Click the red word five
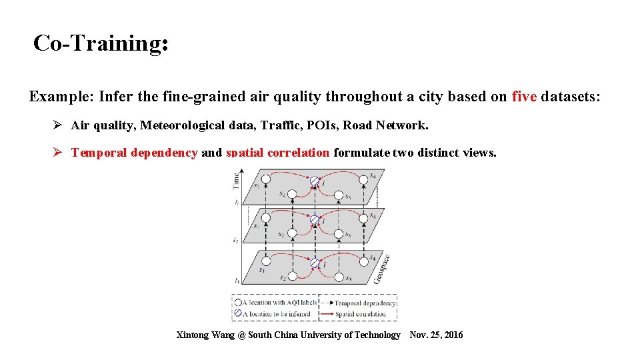pyautogui.click(x=524, y=97)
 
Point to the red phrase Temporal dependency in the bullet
pyautogui.click(x=134, y=153)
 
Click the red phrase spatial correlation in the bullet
pyautogui.click(x=277, y=153)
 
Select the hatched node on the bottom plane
pyautogui.click(x=314, y=262)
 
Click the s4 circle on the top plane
pyautogui.click(x=364, y=179)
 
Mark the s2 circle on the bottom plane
pyautogui.click(x=292, y=277)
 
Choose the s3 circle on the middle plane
pyautogui.click(x=339, y=235)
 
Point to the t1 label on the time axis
pyautogui.click(x=235, y=281)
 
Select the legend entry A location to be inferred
pyautogui.click(x=275, y=313)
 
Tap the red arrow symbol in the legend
pyautogui.click(x=327, y=313)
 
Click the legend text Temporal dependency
pyautogui.click(x=365, y=303)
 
